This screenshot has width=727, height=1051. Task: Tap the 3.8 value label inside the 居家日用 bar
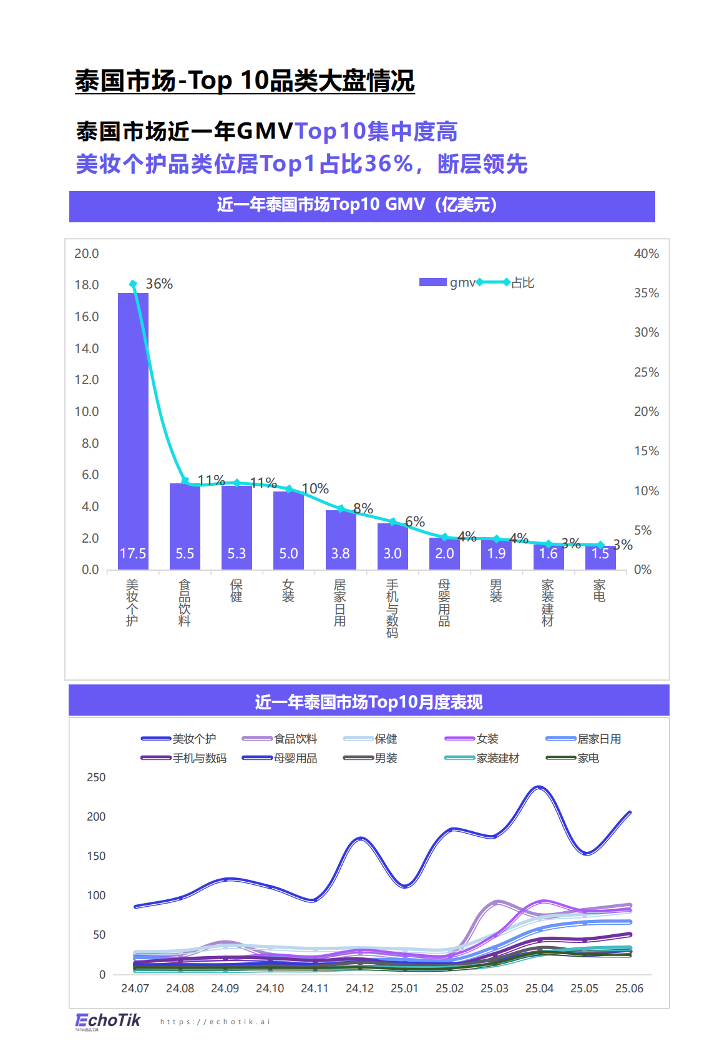(x=340, y=554)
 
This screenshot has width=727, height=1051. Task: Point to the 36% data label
(x=159, y=284)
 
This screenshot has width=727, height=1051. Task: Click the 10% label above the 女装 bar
(x=315, y=489)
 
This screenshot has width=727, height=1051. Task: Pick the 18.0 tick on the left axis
(x=87, y=285)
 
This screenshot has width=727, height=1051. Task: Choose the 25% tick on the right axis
(x=646, y=372)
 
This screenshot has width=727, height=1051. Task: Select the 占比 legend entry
(x=522, y=283)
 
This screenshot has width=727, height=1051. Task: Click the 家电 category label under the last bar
(x=599, y=590)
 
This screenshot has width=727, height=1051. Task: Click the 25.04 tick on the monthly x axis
(x=539, y=989)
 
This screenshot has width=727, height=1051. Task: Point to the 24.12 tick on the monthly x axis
(x=359, y=989)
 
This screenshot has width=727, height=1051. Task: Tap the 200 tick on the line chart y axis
(x=96, y=817)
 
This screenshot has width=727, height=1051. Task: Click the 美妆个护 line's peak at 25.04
(x=539, y=787)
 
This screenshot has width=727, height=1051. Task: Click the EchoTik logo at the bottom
(x=108, y=1020)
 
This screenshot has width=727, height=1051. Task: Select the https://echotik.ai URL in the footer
(x=215, y=1022)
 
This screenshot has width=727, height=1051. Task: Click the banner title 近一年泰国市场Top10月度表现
(x=368, y=702)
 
